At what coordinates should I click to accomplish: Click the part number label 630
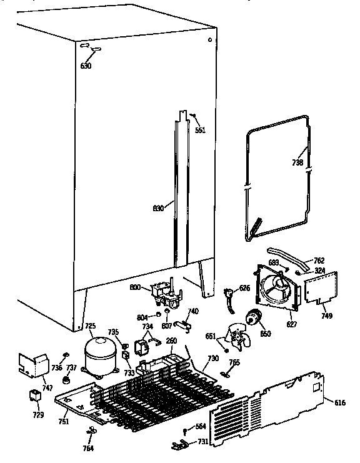pyautogui.click(x=86, y=66)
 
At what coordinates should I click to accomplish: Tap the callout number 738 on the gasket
pyautogui.click(x=297, y=162)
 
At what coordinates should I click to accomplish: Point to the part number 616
pyautogui.click(x=339, y=403)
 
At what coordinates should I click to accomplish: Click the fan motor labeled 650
pyautogui.click(x=254, y=318)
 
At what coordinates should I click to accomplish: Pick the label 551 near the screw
pyautogui.click(x=200, y=131)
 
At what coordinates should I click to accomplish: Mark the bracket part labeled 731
pyautogui.click(x=179, y=444)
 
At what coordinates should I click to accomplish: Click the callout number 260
pyautogui.click(x=171, y=341)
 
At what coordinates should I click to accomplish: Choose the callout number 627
pyautogui.click(x=291, y=325)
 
